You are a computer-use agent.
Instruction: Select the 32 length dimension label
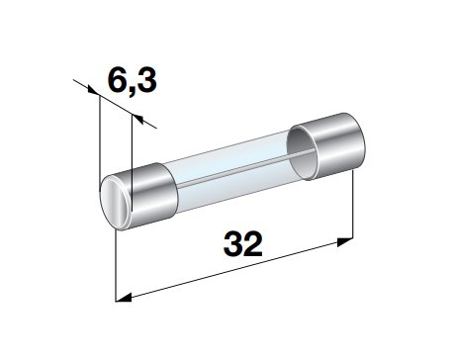tap(243, 244)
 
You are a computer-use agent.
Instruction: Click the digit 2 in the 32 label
tap(253, 244)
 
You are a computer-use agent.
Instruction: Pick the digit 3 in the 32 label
tap(233, 244)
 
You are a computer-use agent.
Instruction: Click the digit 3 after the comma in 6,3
tap(146, 81)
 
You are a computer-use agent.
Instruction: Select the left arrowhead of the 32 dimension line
tap(124, 298)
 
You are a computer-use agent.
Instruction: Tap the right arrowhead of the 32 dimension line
tap(345, 241)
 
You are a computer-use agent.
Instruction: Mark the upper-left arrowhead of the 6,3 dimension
tap(93, 91)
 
